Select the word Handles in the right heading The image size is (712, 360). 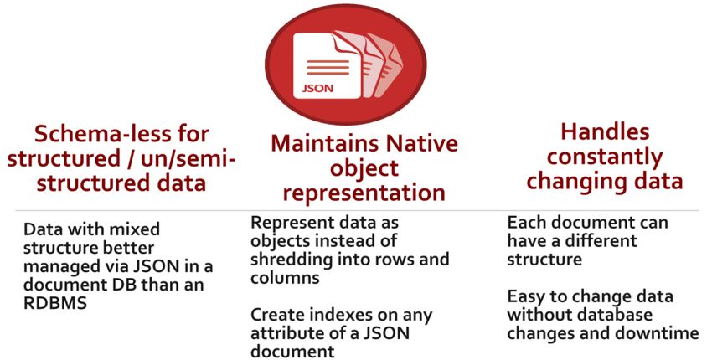(605, 131)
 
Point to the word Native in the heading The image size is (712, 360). (422, 143)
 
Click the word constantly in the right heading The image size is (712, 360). (605, 157)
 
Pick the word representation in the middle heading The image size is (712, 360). (364, 193)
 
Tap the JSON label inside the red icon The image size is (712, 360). (317, 88)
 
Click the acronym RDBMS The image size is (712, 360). (55, 303)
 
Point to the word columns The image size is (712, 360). (285, 278)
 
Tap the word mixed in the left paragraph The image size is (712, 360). (137, 229)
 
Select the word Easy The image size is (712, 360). (527, 297)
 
